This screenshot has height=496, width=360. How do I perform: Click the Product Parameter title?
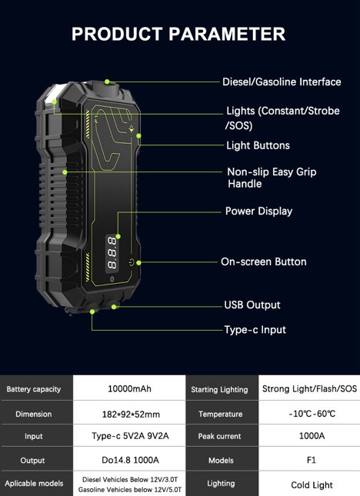point(178,34)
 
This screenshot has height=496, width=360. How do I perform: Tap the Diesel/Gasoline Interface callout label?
point(282,82)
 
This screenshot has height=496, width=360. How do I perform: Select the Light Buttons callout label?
point(258,145)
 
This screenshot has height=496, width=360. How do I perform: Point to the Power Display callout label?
point(258,211)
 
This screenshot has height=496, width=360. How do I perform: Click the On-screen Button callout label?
point(264,262)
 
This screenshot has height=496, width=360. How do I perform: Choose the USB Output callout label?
point(252,305)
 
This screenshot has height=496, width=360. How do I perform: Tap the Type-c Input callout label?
point(255,330)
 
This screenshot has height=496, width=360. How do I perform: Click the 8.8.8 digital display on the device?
point(112,253)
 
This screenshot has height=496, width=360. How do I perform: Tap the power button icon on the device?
point(132,262)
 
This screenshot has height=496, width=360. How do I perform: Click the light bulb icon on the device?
point(132,128)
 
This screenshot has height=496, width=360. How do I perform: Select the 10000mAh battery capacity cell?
point(129,388)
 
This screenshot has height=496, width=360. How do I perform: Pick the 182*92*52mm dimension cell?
point(131,414)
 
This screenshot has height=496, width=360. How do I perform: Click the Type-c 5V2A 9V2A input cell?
point(130,436)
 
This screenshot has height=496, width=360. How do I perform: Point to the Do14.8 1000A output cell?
point(130,460)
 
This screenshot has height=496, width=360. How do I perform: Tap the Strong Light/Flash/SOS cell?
point(309,388)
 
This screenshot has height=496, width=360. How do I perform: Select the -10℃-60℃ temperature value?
point(312,414)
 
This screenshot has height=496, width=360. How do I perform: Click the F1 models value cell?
point(312,460)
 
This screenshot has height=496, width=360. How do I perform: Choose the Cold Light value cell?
point(312,485)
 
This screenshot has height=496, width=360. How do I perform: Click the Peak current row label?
point(219,436)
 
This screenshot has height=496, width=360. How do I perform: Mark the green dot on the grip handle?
point(65,172)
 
